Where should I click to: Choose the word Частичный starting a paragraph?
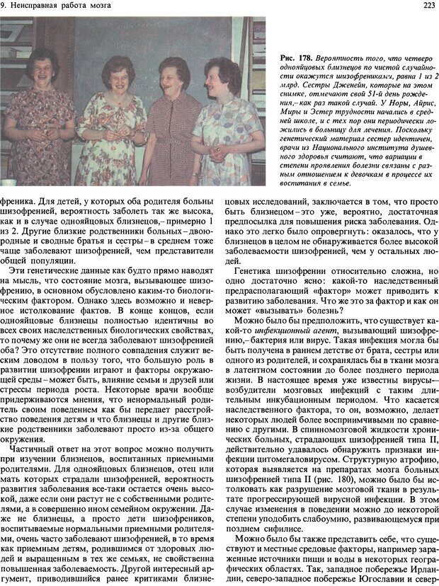35,439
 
